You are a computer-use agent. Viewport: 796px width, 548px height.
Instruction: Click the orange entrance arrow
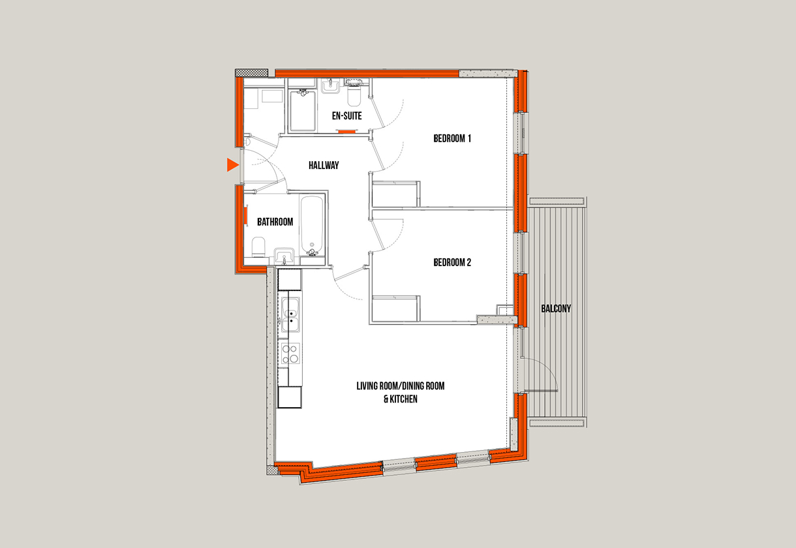point(232,165)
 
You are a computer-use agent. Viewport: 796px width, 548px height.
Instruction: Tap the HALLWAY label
point(324,165)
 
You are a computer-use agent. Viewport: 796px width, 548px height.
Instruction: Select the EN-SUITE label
point(347,116)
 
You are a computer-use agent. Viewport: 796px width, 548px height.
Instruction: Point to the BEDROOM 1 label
point(452,138)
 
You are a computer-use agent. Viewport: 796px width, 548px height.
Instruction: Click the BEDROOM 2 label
point(452,262)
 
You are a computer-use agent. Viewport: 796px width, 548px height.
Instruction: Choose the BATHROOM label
point(275,222)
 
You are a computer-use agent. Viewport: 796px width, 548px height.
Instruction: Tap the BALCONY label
point(556,309)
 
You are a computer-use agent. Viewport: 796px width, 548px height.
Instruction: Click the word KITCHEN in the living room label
point(403,399)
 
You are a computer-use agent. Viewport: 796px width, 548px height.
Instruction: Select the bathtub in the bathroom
point(312,225)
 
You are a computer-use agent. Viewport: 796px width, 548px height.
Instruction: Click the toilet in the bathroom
point(258,247)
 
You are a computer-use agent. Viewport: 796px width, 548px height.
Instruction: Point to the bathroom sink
point(284,256)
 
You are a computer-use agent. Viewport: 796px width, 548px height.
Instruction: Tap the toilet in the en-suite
point(354,93)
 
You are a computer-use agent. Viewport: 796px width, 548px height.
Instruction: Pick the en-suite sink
point(331,86)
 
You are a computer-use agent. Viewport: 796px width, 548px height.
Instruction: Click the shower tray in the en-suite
point(303,110)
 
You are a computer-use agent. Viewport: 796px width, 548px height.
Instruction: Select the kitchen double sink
point(290,315)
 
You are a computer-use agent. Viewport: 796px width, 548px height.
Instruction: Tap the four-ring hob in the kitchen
point(290,354)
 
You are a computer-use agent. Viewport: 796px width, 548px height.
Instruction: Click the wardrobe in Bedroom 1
point(396,194)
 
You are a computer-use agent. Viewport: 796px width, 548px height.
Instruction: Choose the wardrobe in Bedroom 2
point(396,309)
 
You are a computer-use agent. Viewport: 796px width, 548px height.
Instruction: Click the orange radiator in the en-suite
point(346,132)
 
